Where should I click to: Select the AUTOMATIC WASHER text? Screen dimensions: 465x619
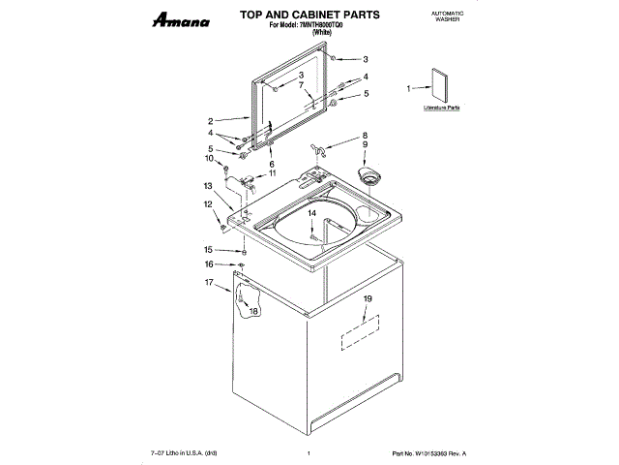445,16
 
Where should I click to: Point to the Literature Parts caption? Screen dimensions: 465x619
440,108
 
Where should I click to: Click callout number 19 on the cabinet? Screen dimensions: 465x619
367,299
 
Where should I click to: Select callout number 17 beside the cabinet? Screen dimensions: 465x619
209,282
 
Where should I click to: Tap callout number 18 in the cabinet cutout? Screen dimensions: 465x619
253,311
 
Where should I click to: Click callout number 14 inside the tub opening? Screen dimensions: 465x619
312,212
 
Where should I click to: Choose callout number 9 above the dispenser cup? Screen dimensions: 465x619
365,144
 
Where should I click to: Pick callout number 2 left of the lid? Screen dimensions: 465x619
210,121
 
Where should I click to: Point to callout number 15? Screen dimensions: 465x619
210,249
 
